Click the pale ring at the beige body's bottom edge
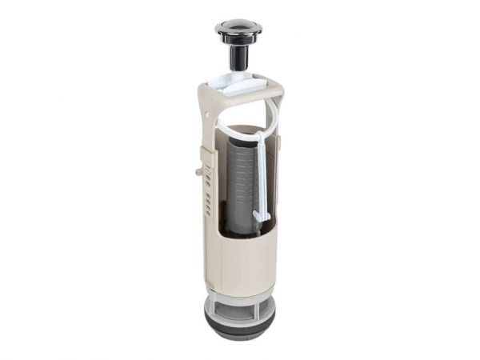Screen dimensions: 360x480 coord(240,295)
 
